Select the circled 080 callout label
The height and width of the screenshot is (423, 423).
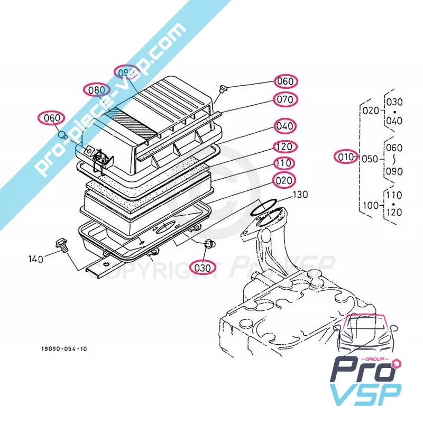pos(97,90)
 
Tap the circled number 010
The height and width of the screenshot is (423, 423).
pos(346,157)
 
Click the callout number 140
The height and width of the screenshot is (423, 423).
pos(36,259)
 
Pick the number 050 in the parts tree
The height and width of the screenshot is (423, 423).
pos(371,157)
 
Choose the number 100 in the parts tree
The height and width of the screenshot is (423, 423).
pos(371,204)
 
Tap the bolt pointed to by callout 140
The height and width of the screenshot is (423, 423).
pos(59,245)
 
